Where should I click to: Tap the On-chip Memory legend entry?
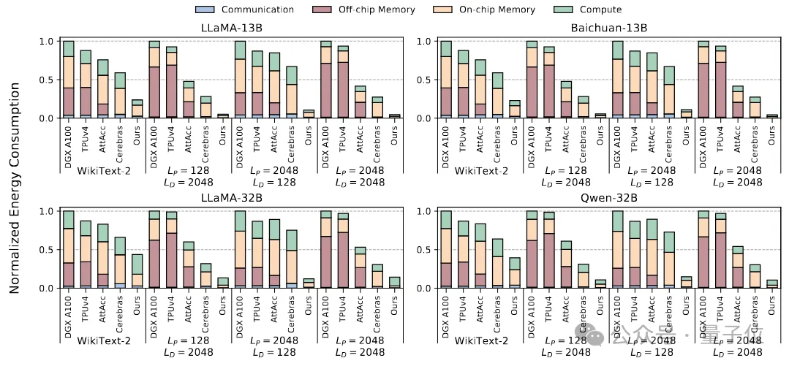499,9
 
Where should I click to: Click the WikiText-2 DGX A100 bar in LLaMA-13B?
68,80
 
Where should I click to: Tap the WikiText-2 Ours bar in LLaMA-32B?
137,271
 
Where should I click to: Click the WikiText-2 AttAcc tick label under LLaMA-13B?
103,138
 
